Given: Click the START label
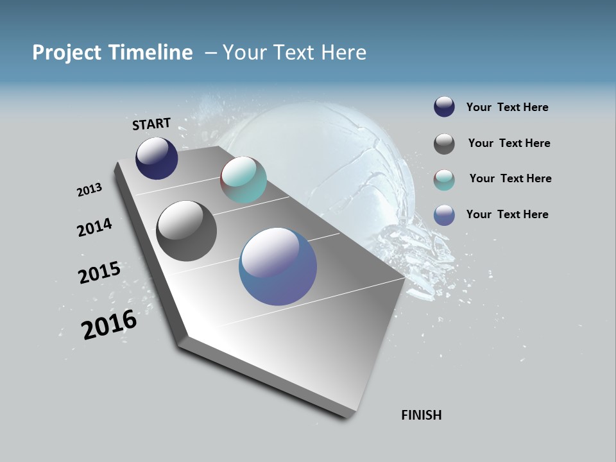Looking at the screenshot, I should [x=151, y=124].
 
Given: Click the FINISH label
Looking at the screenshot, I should [x=421, y=415].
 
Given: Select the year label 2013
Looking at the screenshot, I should [x=89, y=190].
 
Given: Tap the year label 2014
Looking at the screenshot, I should [x=94, y=227].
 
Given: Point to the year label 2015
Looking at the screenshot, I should [x=99, y=273].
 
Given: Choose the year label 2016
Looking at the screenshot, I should [x=109, y=325].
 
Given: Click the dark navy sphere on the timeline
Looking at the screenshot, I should [x=157, y=158].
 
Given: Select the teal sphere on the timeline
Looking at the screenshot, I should [x=243, y=180].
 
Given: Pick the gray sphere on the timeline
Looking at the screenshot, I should [x=186, y=231].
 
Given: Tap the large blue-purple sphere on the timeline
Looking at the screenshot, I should [x=278, y=266].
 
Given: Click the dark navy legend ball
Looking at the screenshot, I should [x=444, y=107].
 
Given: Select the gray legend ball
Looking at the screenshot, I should [x=444, y=144].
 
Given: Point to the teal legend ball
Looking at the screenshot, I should [x=444, y=180].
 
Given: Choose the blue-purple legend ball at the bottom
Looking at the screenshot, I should [x=444, y=215].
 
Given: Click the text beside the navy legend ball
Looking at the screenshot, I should [x=507, y=107].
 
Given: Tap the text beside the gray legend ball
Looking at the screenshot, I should [x=509, y=143].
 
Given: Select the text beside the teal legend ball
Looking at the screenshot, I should [x=510, y=178].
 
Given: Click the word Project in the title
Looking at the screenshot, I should [x=66, y=53].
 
